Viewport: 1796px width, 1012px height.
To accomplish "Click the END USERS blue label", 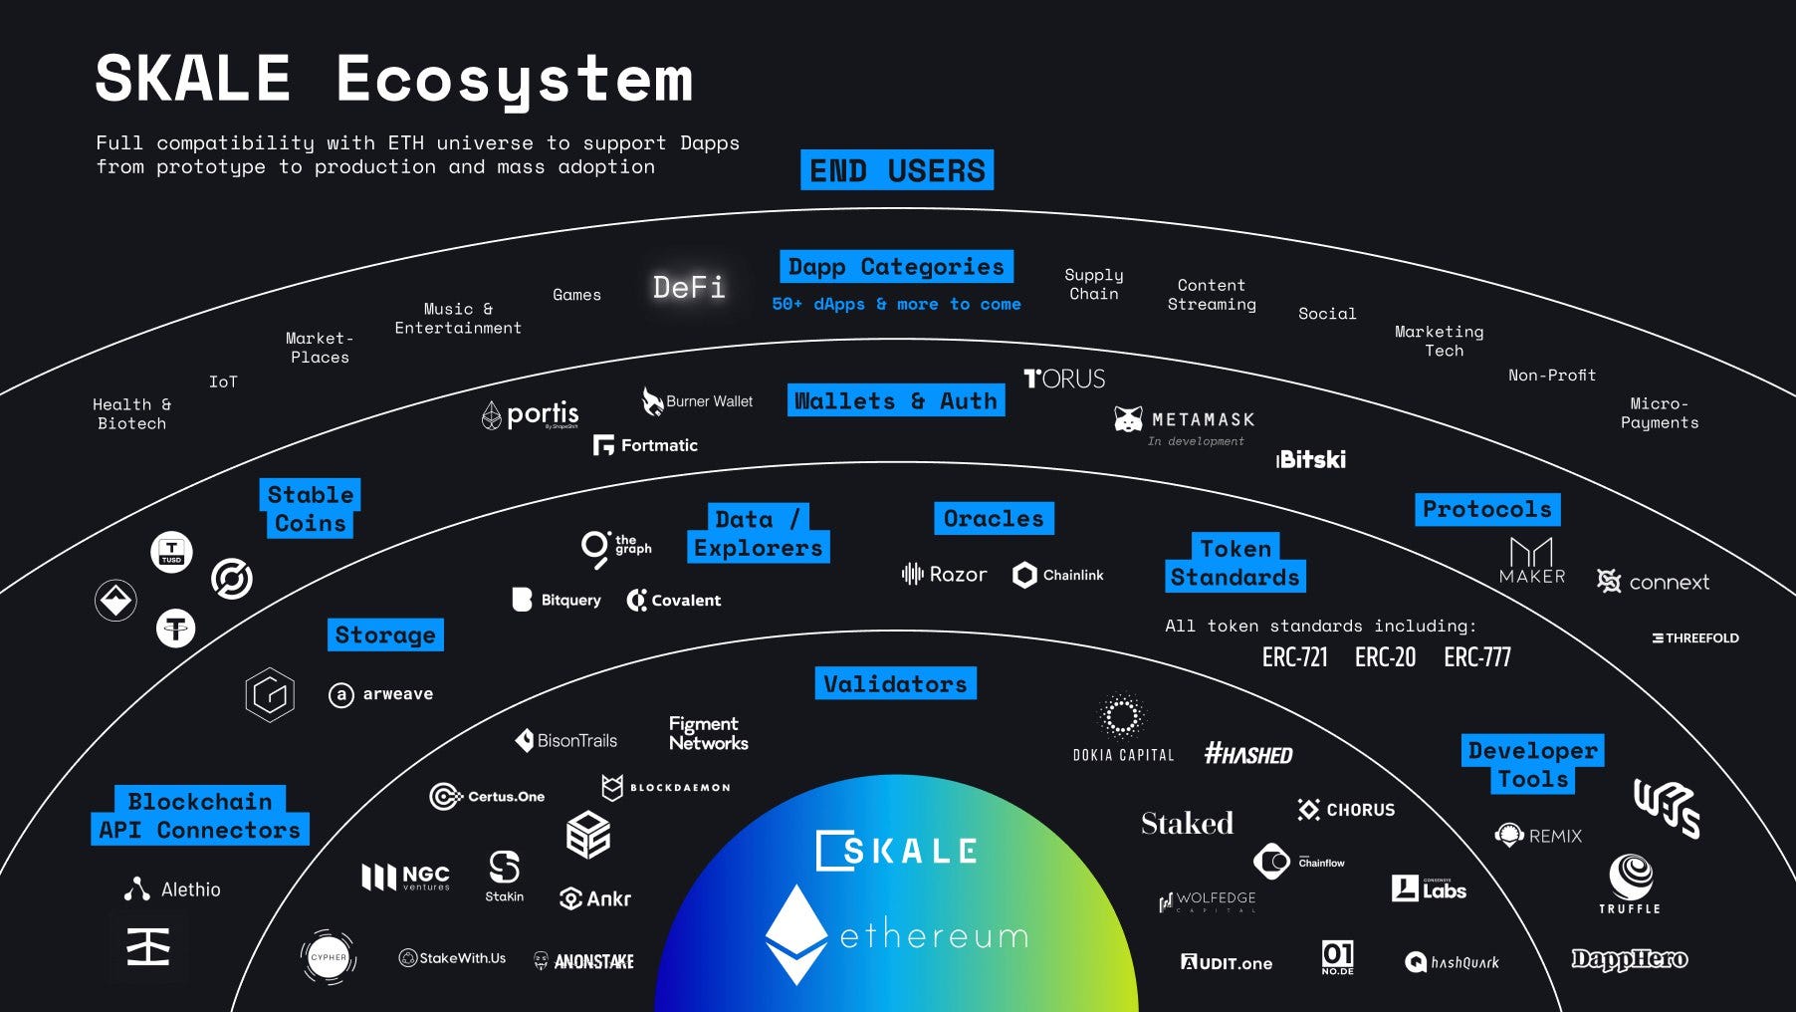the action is coord(896,170).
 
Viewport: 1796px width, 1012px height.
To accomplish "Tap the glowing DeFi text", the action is coord(689,288).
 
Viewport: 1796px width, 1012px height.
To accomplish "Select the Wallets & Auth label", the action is coord(895,400).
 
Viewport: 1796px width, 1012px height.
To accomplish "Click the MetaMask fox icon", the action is coord(1128,419).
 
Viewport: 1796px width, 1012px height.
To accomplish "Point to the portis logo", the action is coord(530,414).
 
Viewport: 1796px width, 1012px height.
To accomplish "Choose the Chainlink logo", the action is coord(1058,575).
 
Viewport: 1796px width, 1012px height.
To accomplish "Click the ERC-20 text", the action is coord(1385,657).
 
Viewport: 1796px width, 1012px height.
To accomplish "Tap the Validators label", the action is coord(895,684).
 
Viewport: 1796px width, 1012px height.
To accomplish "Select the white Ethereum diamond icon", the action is coord(795,934).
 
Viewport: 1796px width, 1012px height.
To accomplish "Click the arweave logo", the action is coord(381,694).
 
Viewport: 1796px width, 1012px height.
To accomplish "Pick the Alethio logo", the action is coord(172,889).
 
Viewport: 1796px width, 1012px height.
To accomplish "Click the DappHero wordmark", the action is coord(1629,959).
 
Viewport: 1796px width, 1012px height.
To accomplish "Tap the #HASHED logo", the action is coord(1248,754).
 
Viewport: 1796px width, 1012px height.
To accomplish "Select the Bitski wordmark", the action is coord(1311,459).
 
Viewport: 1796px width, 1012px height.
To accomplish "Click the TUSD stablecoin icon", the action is coord(172,552).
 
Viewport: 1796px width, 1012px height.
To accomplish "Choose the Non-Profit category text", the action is coord(1551,376).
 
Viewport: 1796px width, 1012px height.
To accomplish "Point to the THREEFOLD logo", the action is coord(1695,637).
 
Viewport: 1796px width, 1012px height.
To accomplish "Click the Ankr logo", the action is coord(595,898).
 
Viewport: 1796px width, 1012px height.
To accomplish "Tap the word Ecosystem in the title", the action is coord(514,80).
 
